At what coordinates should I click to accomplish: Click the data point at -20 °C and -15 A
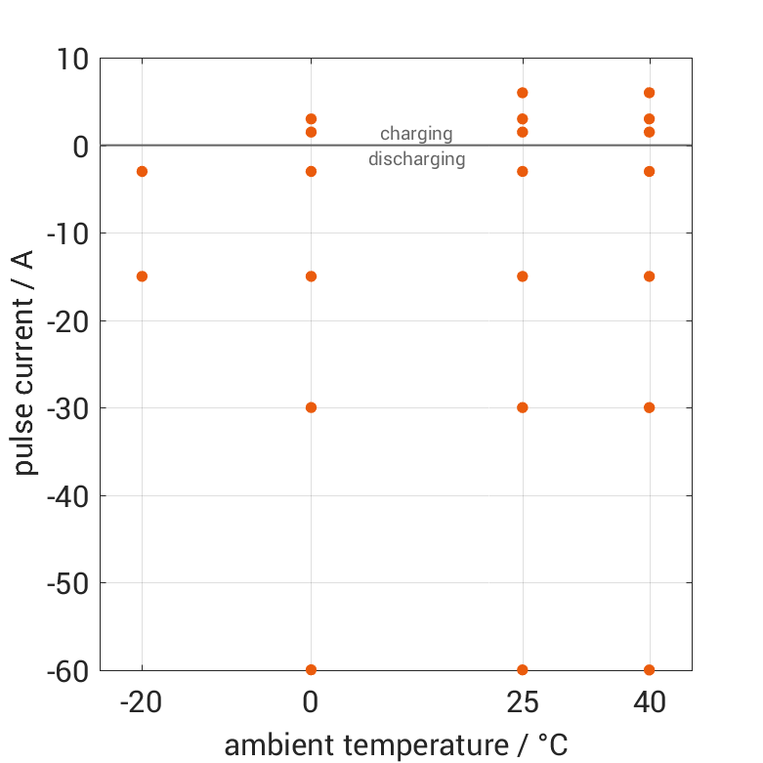point(142,276)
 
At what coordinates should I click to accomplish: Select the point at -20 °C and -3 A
point(142,171)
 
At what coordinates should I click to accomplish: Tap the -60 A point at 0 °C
point(311,669)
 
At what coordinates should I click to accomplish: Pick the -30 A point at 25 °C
point(523,407)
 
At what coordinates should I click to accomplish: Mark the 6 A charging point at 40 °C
point(649,93)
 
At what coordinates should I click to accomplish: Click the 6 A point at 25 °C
point(523,93)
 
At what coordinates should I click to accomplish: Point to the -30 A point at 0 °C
point(311,407)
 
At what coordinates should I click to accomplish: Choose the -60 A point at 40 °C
point(649,669)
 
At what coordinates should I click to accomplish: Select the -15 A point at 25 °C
point(523,276)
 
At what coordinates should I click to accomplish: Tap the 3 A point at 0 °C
point(311,119)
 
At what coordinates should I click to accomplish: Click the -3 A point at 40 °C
point(649,171)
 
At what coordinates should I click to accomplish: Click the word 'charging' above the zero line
point(416,134)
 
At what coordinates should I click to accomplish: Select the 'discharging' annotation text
point(416,159)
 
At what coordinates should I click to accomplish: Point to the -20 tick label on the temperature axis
point(142,702)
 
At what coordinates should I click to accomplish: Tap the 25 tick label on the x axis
point(523,702)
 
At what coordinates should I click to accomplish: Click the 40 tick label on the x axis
point(649,702)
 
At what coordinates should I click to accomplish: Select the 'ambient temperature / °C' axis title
point(396,745)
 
